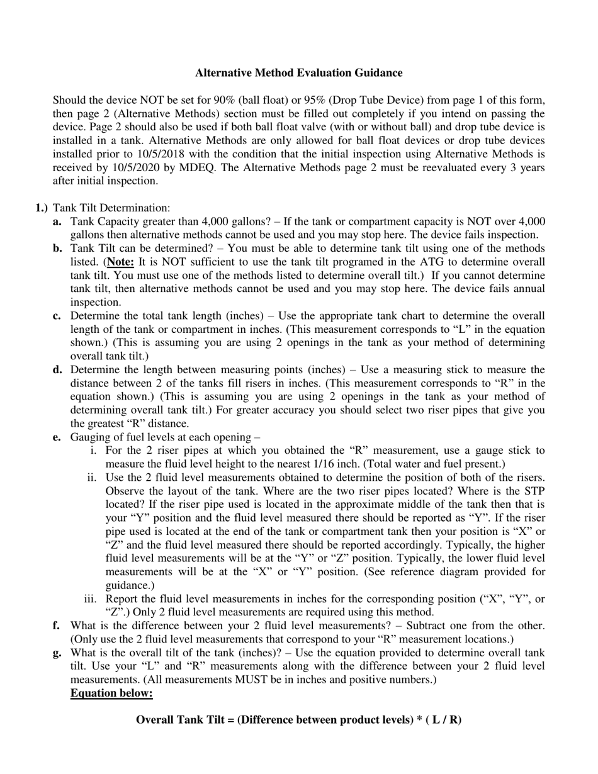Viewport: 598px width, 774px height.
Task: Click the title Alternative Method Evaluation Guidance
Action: [298, 73]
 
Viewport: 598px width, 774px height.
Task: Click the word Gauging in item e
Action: [89, 437]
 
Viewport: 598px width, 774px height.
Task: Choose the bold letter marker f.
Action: [57, 625]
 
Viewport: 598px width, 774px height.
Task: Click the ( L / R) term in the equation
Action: [444, 720]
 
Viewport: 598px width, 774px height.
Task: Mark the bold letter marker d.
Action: [57, 369]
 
